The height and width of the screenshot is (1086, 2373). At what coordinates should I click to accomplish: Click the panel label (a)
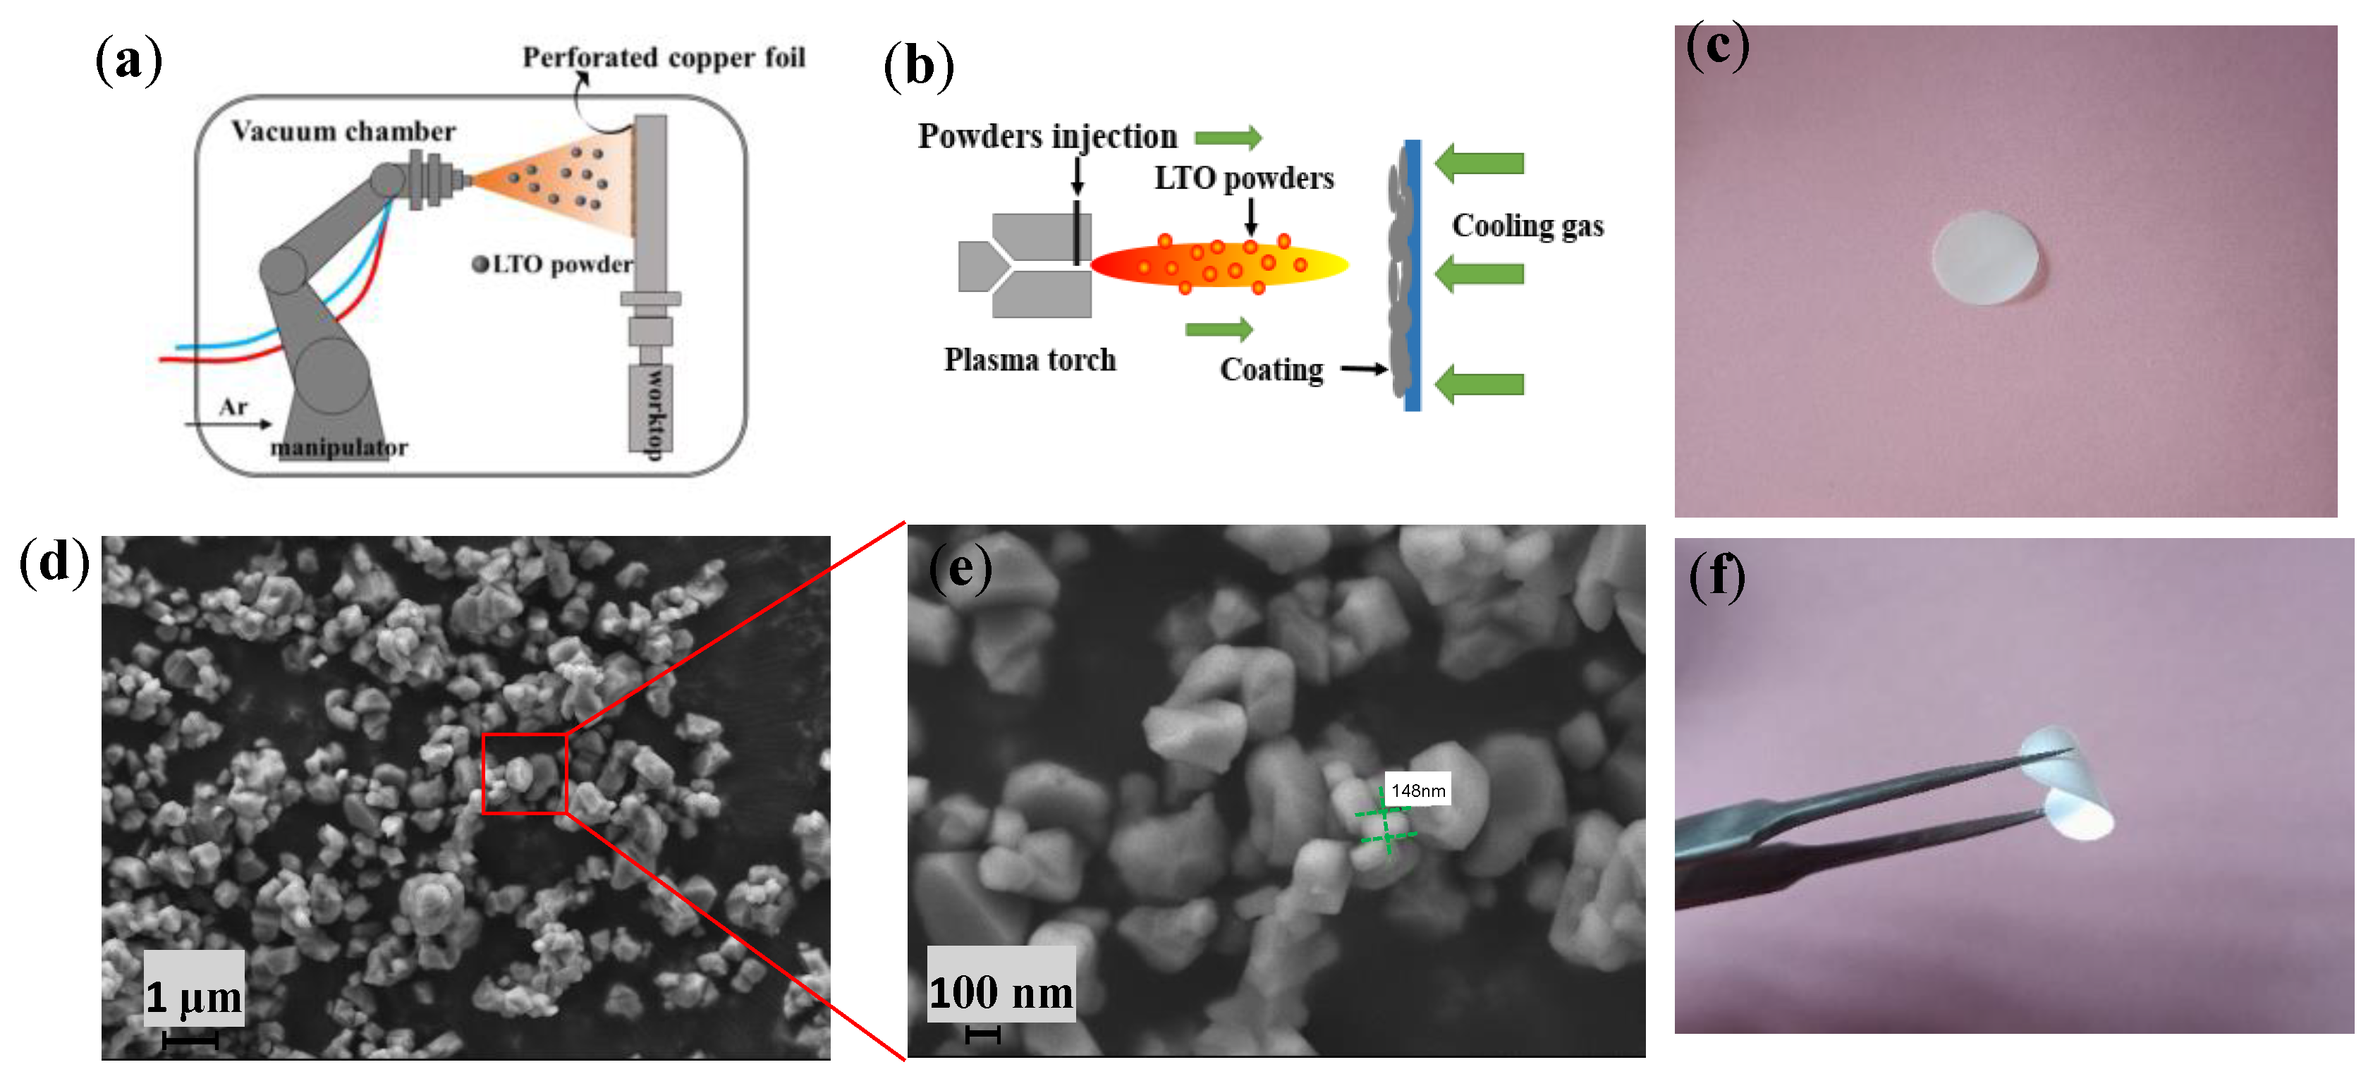(128, 60)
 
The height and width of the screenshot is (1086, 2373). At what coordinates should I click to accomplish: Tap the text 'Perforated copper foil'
(664, 57)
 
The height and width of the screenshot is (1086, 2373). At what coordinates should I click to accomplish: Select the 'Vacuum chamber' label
(343, 130)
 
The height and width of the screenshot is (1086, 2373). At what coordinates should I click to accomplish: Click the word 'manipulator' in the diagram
(339, 448)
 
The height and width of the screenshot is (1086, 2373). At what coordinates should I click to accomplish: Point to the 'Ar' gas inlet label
(233, 406)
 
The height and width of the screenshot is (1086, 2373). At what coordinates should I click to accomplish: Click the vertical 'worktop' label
(653, 412)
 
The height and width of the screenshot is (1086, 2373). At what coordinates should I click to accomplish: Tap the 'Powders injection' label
(1047, 136)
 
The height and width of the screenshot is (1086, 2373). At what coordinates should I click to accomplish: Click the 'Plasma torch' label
(1029, 359)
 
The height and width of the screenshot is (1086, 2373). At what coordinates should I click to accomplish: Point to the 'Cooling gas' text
(1527, 226)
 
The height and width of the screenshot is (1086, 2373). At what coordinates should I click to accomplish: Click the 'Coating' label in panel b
(1271, 370)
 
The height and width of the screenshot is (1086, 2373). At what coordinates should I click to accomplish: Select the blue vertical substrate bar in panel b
(1413, 276)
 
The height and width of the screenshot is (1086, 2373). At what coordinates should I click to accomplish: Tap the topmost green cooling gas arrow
(1480, 163)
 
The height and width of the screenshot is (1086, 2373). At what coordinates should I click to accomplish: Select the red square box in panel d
(524, 774)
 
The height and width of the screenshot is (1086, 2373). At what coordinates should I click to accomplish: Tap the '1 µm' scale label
(193, 996)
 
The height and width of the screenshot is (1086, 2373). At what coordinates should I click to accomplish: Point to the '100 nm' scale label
(1001, 993)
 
